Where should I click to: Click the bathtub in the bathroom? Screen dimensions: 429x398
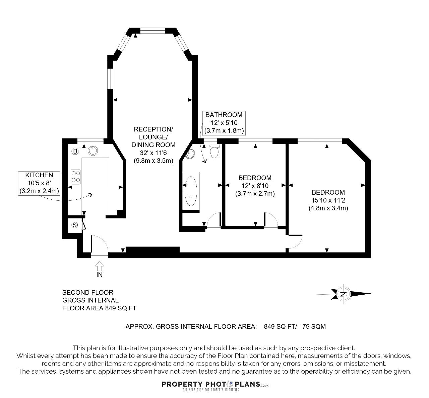[x=191, y=191]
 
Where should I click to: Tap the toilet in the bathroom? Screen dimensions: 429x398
[x=214, y=151]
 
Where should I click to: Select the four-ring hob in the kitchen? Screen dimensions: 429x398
[x=76, y=177]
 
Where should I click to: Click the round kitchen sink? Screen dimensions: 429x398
[x=93, y=151]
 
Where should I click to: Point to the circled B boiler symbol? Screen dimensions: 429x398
[x=75, y=152]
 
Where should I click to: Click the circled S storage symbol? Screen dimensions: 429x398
[x=74, y=225]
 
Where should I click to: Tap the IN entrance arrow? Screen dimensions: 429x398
[x=99, y=266]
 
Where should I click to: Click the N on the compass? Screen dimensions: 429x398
[x=344, y=294]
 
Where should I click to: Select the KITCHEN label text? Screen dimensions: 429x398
[x=39, y=175]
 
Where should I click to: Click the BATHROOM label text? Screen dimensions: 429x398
[x=224, y=115]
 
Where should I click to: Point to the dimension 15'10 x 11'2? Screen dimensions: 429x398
[x=328, y=200]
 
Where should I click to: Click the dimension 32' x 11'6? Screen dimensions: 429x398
[x=154, y=153]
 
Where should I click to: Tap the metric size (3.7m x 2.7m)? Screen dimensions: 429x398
[x=255, y=194]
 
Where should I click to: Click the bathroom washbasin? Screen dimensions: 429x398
[x=190, y=154]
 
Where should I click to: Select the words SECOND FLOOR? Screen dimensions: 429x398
[x=88, y=292]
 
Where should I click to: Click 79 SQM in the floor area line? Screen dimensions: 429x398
[x=314, y=326]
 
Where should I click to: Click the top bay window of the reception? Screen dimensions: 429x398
[x=153, y=31]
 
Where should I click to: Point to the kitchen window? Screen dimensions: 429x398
[x=90, y=141]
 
